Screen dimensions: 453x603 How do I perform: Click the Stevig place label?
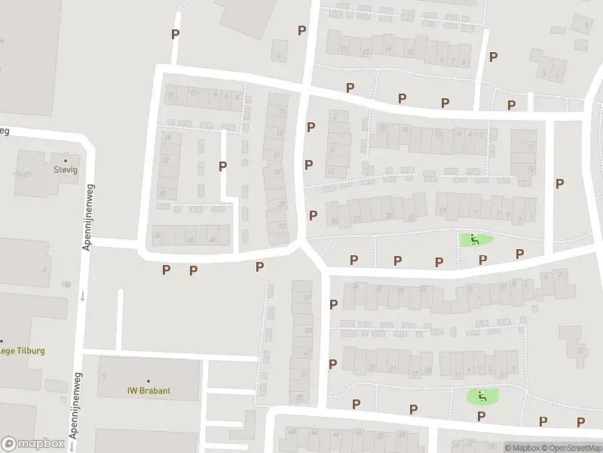(65, 170)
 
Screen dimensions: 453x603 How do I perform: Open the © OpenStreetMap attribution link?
(571, 447)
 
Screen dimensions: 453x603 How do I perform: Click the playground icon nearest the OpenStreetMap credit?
(479, 395)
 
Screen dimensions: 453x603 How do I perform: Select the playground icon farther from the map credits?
(475, 240)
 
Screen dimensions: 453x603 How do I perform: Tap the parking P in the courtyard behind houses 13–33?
(222, 166)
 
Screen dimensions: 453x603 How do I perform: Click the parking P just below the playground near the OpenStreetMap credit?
(480, 416)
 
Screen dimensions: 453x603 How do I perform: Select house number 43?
(307, 331)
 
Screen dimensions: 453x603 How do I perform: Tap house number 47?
(306, 353)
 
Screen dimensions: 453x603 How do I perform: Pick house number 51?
(305, 374)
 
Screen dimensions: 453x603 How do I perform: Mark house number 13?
(282, 112)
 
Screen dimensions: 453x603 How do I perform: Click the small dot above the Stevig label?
(65, 160)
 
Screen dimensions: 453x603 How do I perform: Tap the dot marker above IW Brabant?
(148, 381)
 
